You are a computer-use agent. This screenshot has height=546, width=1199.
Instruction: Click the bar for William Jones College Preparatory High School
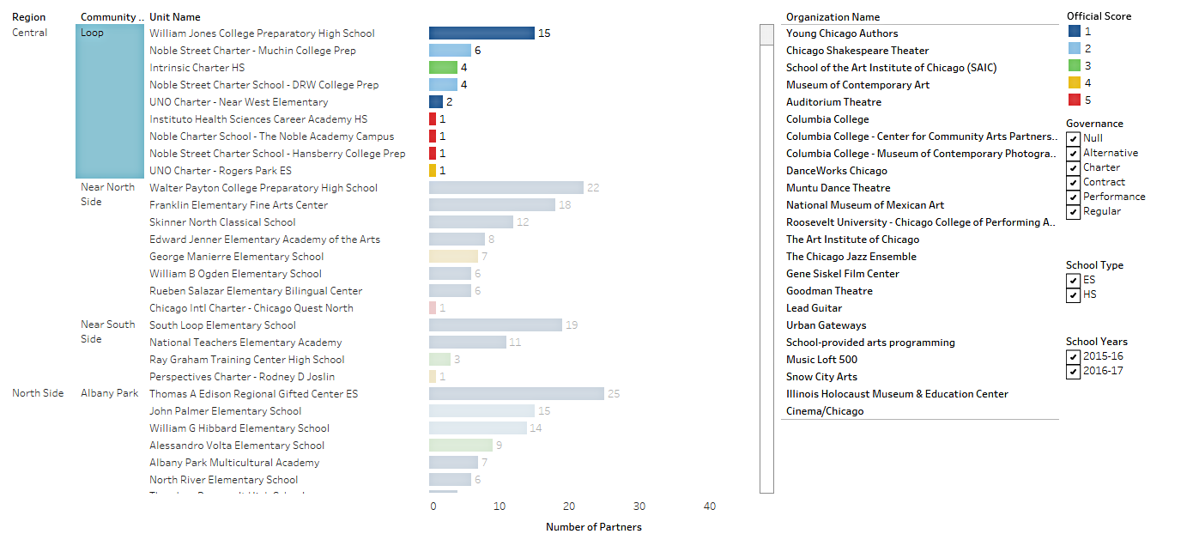click(x=481, y=33)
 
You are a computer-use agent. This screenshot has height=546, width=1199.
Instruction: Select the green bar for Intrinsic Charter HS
click(x=443, y=67)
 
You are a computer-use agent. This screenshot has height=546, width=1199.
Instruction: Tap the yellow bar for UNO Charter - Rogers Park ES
click(x=433, y=171)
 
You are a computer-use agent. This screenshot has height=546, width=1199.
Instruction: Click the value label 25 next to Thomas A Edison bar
click(x=613, y=394)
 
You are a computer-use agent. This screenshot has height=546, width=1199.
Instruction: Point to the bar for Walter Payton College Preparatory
click(x=506, y=188)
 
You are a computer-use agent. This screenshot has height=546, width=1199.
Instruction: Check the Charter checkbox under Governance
click(x=1073, y=168)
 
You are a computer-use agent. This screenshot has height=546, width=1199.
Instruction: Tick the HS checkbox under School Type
click(x=1073, y=295)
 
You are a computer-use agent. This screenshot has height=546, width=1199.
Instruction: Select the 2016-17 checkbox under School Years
click(x=1073, y=372)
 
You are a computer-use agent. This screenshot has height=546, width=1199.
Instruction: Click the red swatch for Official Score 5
click(x=1074, y=100)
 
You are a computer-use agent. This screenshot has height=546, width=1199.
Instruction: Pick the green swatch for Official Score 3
click(x=1074, y=65)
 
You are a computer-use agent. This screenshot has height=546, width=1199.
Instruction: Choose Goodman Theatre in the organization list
click(x=829, y=291)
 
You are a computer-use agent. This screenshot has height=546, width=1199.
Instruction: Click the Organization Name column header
click(x=833, y=17)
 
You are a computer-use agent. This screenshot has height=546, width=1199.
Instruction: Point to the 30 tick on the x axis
click(x=639, y=507)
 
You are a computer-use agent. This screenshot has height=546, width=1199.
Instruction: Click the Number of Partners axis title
click(x=593, y=527)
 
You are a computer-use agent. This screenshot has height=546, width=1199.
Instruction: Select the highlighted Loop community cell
click(x=110, y=101)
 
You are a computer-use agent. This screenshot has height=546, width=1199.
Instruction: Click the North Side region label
click(x=38, y=393)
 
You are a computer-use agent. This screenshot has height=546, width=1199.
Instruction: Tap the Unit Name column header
click(x=174, y=17)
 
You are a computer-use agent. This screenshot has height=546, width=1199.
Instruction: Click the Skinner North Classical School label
click(x=222, y=222)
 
